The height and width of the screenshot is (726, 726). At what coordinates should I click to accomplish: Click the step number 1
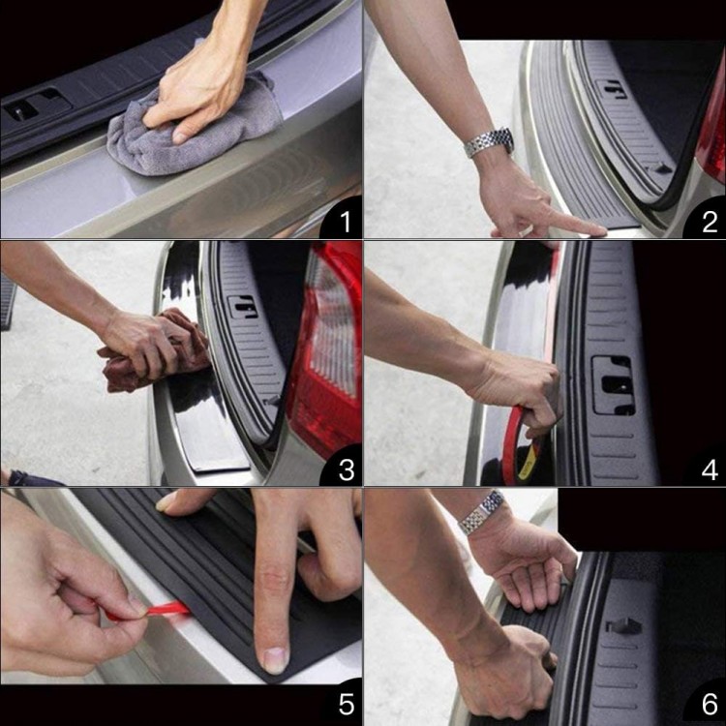345,222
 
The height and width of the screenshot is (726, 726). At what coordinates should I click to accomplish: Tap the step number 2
710,222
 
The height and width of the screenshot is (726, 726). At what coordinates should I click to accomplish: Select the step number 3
347,469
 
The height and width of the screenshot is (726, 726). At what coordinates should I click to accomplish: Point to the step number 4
710,469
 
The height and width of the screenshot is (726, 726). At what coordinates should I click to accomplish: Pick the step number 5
347,705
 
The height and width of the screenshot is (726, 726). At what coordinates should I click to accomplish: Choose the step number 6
710,705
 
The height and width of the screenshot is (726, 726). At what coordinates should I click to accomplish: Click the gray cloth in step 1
195,130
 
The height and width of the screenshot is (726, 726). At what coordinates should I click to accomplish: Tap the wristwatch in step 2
490,141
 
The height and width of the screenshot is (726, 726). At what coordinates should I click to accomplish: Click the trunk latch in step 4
613,385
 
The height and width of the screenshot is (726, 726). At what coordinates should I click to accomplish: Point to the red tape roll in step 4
521,447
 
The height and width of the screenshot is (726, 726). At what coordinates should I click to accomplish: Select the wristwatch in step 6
482,513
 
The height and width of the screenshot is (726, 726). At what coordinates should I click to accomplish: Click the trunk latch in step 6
622,626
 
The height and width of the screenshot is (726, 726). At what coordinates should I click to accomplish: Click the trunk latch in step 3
242,306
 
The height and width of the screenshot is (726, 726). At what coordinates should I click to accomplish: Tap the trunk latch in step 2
611,89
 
